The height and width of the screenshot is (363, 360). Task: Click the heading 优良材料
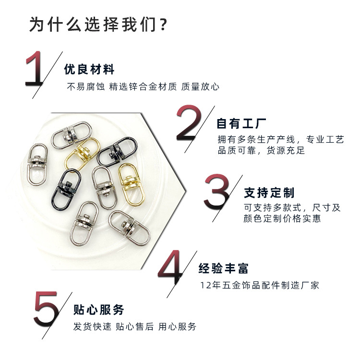click(x=89, y=69)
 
